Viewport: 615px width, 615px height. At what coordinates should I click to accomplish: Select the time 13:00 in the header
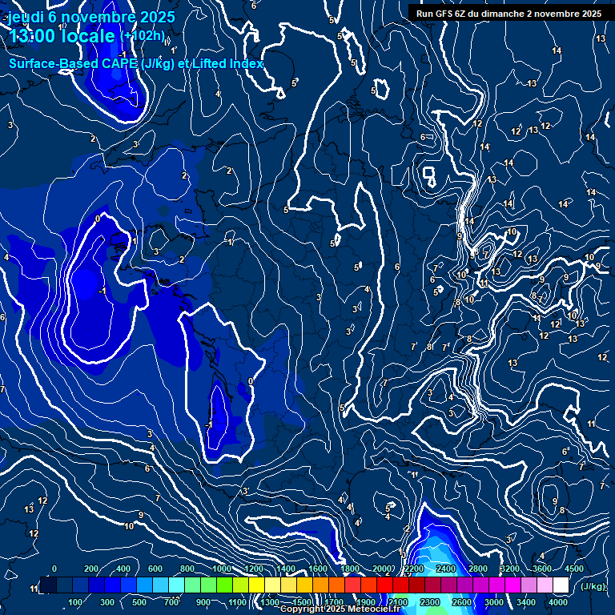37,37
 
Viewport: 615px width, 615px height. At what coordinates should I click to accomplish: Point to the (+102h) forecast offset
143,36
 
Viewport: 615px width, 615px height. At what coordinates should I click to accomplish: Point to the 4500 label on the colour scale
573,569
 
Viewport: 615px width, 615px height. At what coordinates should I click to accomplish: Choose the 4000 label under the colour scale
558,602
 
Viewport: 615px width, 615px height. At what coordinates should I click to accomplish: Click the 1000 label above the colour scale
222,569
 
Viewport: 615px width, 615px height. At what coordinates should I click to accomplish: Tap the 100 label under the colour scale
75,602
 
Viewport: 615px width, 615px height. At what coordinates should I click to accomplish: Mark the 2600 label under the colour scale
462,602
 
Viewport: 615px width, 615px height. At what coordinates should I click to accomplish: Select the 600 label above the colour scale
155,569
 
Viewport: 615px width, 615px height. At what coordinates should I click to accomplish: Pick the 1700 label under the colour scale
334,602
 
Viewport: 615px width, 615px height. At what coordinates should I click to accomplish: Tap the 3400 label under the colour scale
526,602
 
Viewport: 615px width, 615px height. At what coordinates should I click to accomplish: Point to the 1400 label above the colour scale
286,569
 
